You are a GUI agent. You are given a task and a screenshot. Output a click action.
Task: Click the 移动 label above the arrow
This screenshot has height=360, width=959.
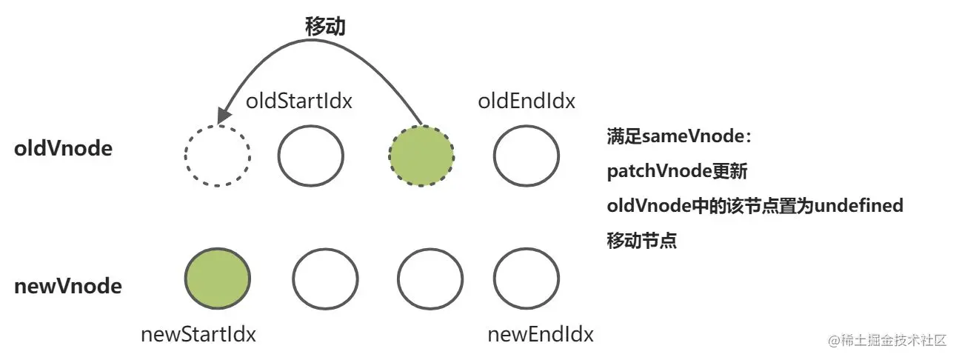[x=326, y=27]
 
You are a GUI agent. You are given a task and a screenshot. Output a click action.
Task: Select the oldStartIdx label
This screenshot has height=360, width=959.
[x=298, y=101]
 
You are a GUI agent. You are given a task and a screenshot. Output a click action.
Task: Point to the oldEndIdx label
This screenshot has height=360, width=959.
[x=527, y=101]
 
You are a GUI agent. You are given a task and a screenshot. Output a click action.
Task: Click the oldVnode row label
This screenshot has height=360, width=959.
[x=64, y=149]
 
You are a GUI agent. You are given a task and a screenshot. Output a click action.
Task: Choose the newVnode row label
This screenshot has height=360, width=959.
[x=68, y=286]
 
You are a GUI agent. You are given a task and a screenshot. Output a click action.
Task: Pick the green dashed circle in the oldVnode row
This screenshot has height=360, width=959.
[x=421, y=155]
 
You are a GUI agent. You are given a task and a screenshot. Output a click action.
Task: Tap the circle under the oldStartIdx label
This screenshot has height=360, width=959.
[x=311, y=156]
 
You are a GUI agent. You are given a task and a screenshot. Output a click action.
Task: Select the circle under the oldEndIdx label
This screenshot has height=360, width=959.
[x=527, y=156]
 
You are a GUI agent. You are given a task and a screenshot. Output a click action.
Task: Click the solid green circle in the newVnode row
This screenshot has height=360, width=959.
[x=217, y=279]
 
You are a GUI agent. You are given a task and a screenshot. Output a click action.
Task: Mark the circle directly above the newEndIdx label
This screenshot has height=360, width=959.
[x=527, y=279]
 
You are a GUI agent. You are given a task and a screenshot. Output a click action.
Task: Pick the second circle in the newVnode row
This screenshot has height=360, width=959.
[x=325, y=279]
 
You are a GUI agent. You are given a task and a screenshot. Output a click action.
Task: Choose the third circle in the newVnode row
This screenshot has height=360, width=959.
[x=430, y=279]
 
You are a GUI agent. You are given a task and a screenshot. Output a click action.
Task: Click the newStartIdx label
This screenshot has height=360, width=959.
[x=198, y=334]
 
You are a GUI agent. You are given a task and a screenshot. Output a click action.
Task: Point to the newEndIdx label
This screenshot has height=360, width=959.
[x=541, y=334]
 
